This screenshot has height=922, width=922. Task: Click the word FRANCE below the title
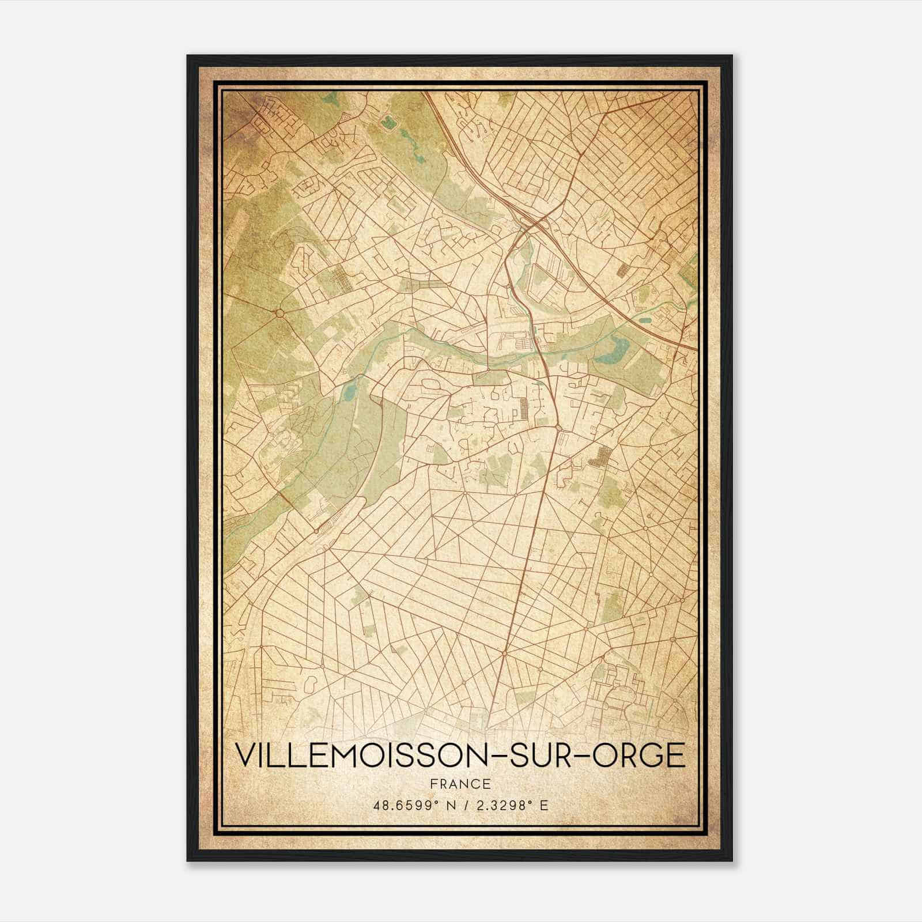460,784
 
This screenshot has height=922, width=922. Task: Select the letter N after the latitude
442,806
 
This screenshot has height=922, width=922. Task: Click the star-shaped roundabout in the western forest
279,313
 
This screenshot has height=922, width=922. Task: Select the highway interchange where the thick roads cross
533,224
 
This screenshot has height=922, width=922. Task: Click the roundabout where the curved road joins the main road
559,427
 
